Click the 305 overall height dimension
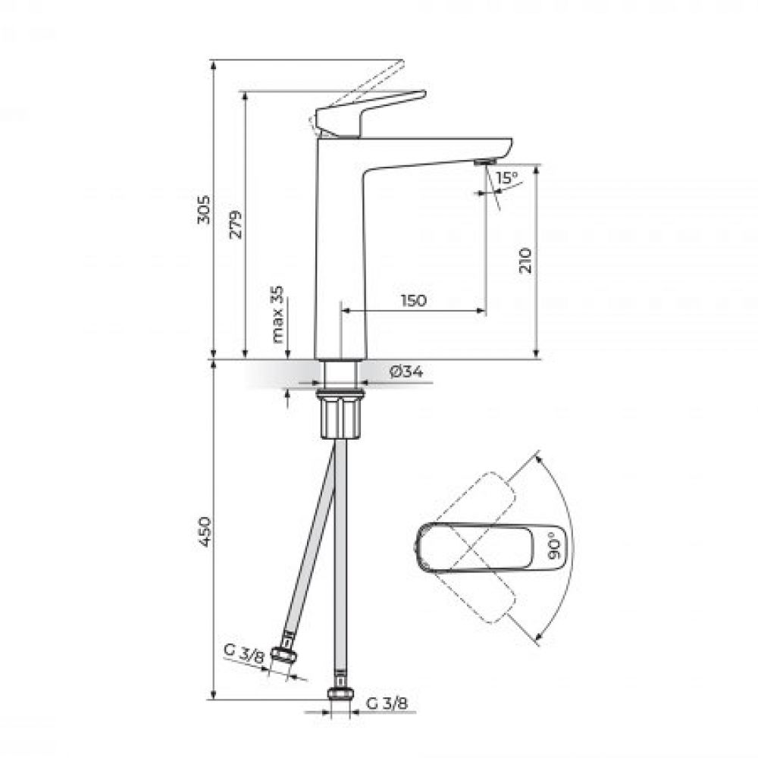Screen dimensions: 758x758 click(204, 209)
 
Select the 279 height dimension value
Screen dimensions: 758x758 click(236, 224)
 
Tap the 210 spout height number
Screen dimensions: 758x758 click(525, 261)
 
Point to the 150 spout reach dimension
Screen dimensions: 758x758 click(414, 300)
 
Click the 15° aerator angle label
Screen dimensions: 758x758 click(506, 178)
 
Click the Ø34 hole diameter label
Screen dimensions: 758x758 click(406, 371)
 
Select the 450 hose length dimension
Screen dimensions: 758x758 click(204, 531)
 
